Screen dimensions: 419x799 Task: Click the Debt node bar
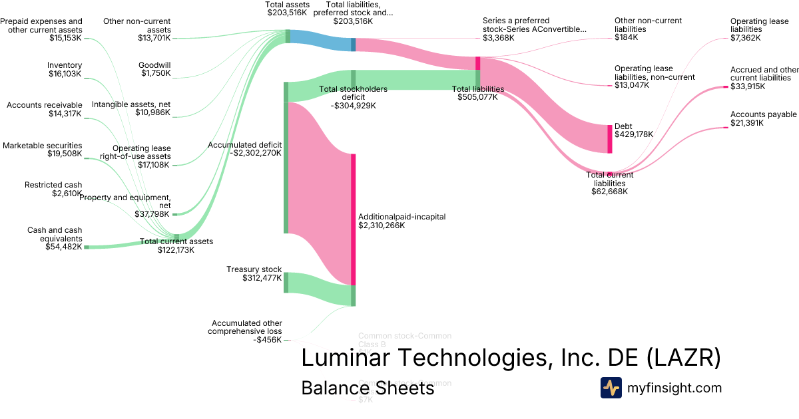609,139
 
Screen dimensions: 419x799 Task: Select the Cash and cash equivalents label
55,234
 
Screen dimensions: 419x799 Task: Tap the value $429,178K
633,134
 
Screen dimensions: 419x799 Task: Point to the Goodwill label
154,65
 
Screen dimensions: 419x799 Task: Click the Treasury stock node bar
286,283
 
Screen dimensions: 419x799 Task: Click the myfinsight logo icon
611,388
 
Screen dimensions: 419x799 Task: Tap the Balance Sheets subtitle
368,388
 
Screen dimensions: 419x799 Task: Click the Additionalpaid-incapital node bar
353,219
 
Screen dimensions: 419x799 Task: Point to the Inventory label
65,65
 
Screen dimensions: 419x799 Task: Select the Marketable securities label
43,145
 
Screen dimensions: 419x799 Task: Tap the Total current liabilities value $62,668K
609,192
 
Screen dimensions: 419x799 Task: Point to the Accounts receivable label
45,105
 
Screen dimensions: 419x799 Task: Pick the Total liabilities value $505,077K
477,97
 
